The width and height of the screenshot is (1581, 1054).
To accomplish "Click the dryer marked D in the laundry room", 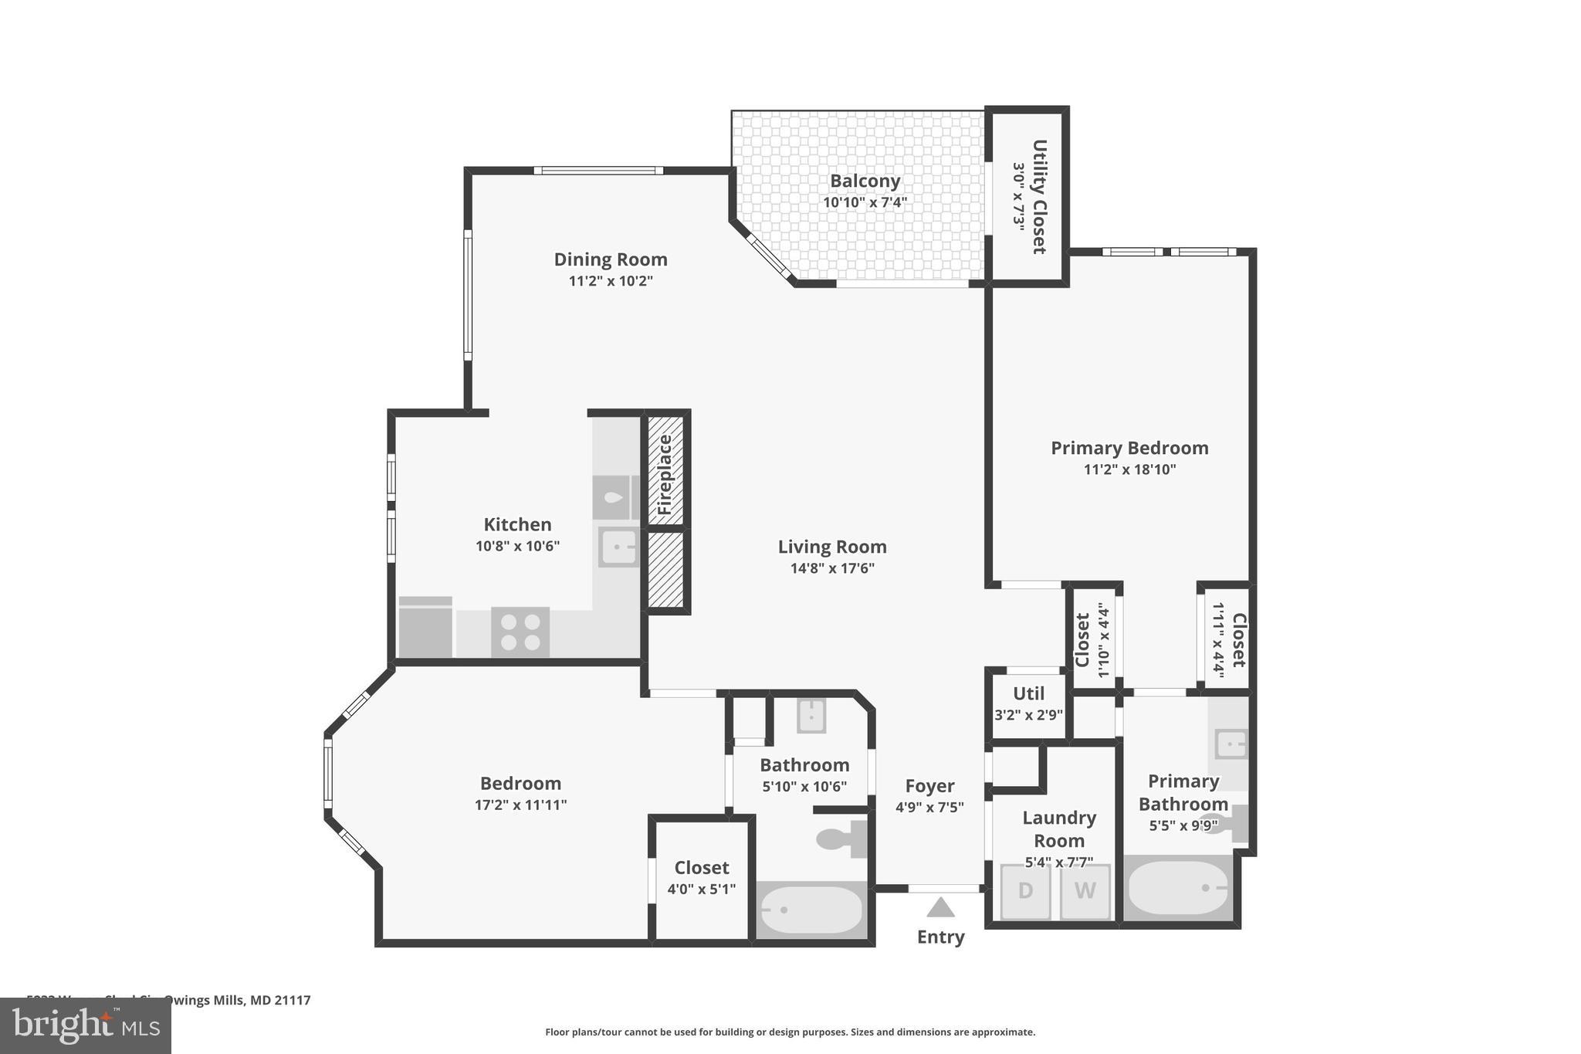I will click(x=1024, y=891).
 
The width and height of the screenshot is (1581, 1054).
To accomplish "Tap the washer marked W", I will click(x=1085, y=891).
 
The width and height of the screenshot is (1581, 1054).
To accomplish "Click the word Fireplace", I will click(x=665, y=474).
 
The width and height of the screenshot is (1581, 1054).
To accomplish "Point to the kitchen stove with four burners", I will click(x=520, y=632).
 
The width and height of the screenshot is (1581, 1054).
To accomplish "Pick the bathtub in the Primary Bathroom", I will click(x=1178, y=888).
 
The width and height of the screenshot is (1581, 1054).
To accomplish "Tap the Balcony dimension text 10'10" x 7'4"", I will click(x=865, y=202).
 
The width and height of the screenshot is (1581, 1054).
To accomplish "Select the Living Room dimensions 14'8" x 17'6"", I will click(x=832, y=568).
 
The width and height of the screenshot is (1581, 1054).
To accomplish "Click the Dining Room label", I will click(x=611, y=259).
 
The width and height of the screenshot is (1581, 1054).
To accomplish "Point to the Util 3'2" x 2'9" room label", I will click(x=1028, y=703).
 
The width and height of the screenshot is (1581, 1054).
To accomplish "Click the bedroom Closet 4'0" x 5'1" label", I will click(x=701, y=877).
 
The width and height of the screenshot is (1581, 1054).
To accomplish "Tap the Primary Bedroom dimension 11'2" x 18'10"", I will click(x=1129, y=469).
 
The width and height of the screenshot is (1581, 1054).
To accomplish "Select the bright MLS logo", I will click(x=86, y=1025).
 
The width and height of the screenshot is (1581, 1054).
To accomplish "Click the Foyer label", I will click(x=929, y=786).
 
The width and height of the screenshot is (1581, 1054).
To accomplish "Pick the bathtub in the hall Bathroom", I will click(x=811, y=910).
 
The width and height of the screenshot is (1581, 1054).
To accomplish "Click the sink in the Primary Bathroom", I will click(x=1231, y=744).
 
